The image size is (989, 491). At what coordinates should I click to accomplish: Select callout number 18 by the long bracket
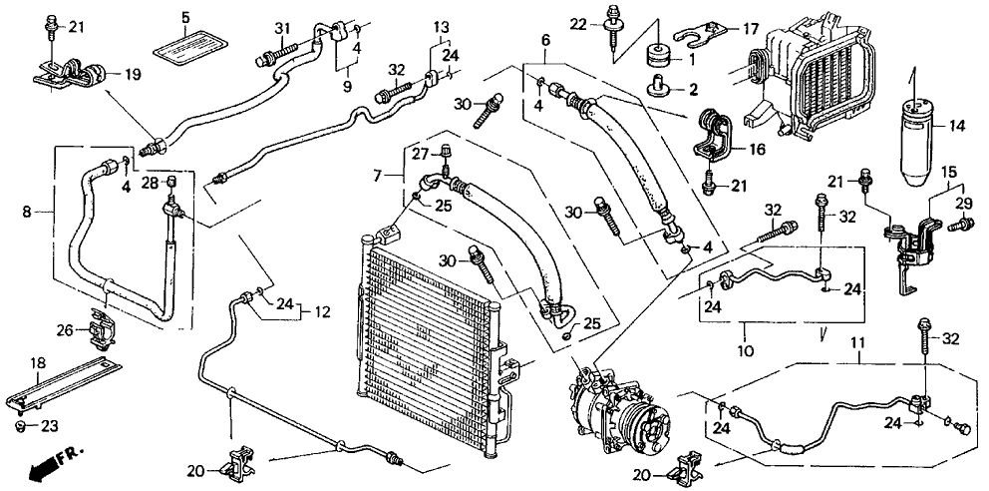(x=38, y=363)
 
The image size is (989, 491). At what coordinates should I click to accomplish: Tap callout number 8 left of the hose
(x=28, y=211)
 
